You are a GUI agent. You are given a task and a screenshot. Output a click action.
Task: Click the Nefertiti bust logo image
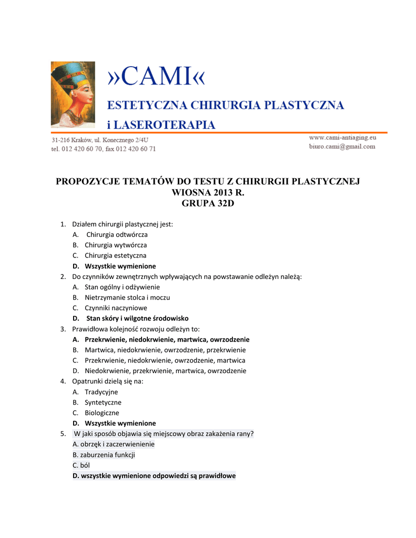73,95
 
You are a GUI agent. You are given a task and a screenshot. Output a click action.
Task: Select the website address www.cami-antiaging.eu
342,137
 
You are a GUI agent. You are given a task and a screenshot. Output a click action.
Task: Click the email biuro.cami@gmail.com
342,147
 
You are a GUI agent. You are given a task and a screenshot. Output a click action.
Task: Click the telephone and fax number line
104,149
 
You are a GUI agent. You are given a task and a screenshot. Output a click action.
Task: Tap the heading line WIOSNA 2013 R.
208,192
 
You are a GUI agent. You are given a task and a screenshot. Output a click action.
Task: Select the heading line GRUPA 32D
208,203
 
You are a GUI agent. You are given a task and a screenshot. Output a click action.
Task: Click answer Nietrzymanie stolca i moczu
127,297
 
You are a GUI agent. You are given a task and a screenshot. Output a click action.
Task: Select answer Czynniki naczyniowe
116,308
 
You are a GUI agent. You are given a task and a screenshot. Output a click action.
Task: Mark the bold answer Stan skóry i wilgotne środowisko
137,318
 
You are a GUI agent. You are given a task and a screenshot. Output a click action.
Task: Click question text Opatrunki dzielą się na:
107,381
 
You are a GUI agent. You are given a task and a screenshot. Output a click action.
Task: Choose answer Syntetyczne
103,402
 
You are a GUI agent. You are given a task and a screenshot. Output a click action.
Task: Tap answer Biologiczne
102,413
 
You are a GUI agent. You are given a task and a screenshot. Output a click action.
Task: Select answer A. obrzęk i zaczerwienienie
114,444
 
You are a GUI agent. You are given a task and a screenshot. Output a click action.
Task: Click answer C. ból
81,465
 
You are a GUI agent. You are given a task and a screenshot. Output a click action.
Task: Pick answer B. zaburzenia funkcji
104,454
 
